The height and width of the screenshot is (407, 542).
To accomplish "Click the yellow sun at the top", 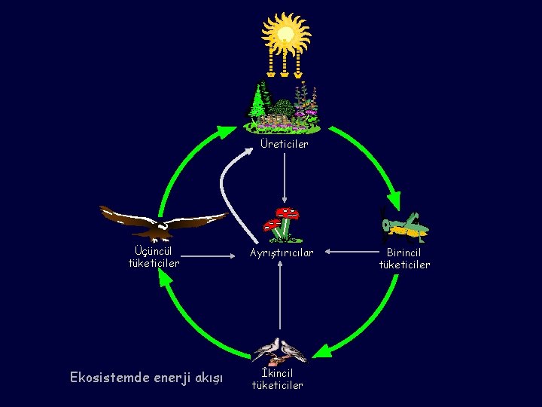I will tap(285, 34).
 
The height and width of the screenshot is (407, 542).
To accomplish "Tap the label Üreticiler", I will tap(284, 144).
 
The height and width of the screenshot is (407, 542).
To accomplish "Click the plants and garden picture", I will tap(285, 106).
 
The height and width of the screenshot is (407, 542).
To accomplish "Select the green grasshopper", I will tap(405, 225).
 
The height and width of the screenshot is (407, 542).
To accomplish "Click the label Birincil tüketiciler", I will tap(405, 259).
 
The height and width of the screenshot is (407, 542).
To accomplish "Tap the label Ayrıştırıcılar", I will tap(281, 252).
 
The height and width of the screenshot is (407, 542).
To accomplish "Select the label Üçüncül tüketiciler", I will tap(154, 257).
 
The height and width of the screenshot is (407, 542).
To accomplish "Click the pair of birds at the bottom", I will tap(279, 350).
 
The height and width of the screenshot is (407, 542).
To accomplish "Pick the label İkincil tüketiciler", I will tap(277, 379).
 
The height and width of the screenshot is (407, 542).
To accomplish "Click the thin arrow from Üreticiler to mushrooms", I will tap(284, 181).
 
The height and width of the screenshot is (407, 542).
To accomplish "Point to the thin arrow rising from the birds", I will tap(280, 301).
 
